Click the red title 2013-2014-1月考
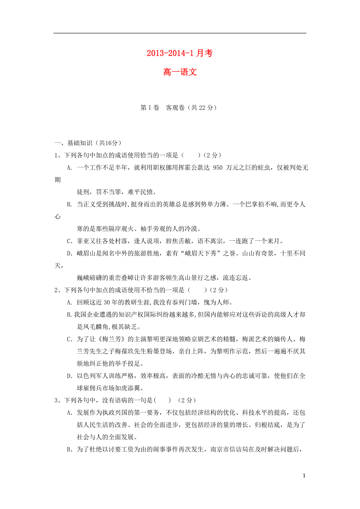click(180, 54)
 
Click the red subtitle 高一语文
click(180, 72)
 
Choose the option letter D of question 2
click(69, 376)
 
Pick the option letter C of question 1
click(69, 241)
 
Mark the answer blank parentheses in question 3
click(163, 400)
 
